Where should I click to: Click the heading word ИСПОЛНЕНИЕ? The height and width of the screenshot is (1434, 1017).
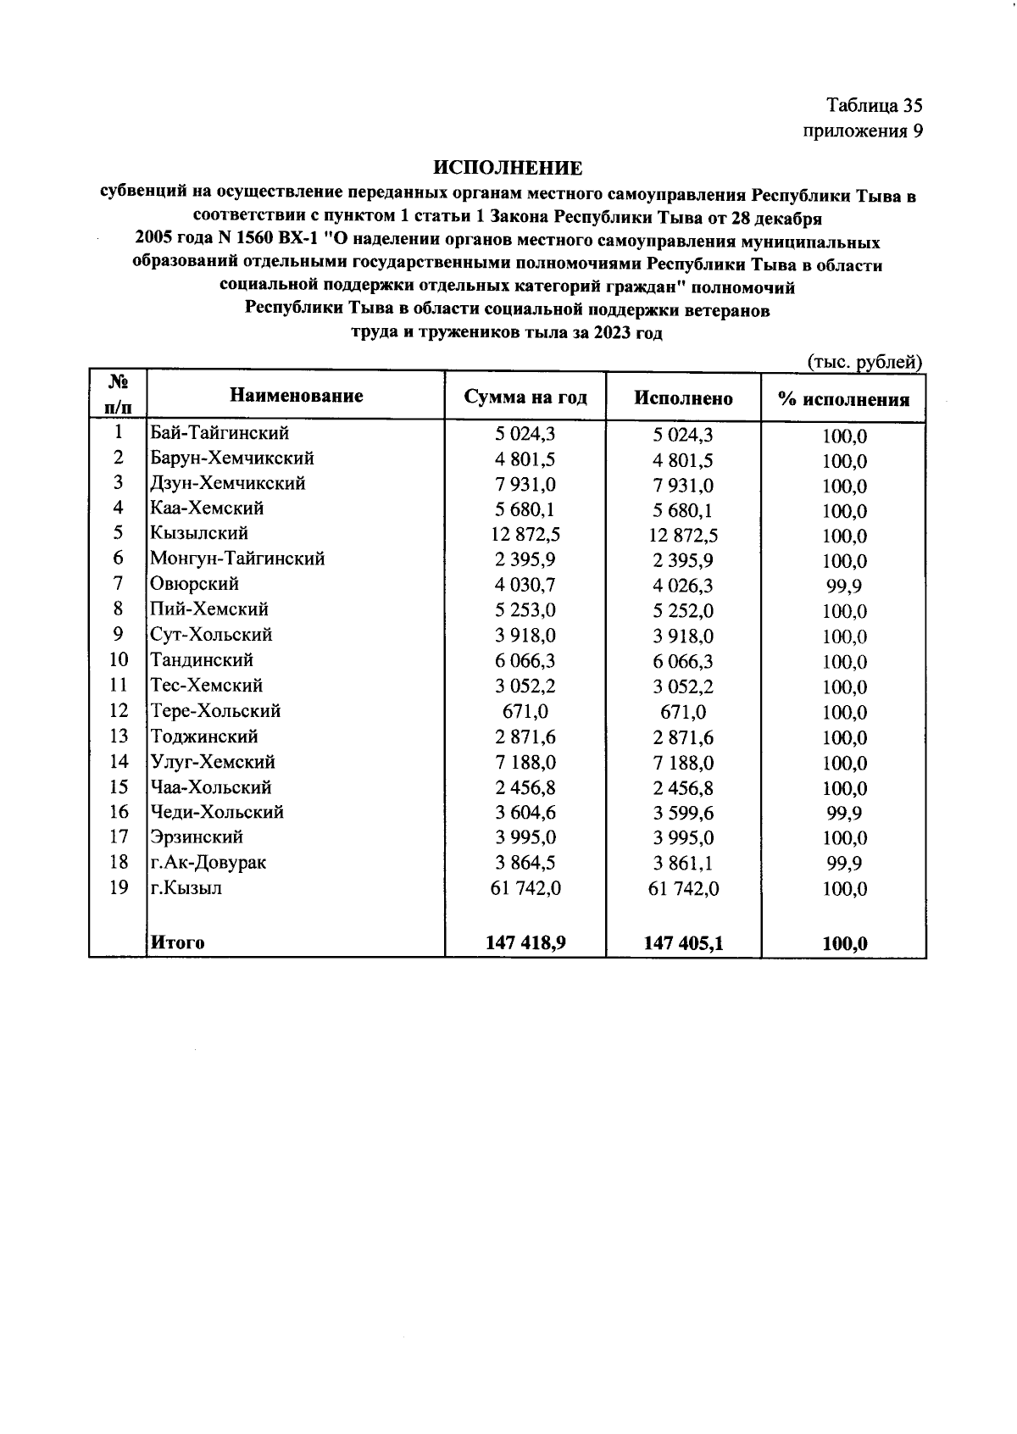pyautogui.click(x=508, y=168)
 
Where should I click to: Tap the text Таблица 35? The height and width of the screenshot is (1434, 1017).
pyautogui.click(x=874, y=106)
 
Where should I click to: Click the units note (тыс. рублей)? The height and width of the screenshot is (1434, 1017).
pyautogui.click(x=864, y=362)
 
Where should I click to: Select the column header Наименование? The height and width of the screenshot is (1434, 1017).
pyautogui.click(x=296, y=396)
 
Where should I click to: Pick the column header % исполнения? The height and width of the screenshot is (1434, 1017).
pyautogui.click(x=843, y=400)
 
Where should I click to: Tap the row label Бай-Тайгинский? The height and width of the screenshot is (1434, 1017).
pyautogui.click(x=220, y=433)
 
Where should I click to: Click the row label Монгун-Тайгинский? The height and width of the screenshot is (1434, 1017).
pyautogui.click(x=237, y=559)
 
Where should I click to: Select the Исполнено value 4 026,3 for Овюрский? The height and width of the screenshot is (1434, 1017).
pyautogui.click(x=683, y=586)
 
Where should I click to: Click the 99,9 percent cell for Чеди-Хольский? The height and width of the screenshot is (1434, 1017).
pyautogui.click(x=844, y=814)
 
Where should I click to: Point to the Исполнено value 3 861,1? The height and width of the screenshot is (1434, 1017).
pyautogui.click(x=683, y=864)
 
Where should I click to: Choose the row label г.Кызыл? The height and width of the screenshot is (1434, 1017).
pyautogui.click(x=186, y=888)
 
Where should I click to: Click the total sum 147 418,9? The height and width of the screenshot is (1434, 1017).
pyautogui.click(x=525, y=942)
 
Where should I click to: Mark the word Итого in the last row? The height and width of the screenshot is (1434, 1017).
pyautogui.click(x=177, y=942)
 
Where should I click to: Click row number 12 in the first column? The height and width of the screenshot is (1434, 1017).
pyautogui.click(x=119, y=710)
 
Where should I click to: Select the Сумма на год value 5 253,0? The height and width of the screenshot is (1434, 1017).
pyautogui.click(x=525, y=610)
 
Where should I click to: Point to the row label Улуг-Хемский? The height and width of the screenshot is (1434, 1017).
pyautogui.click(x=213, y=762)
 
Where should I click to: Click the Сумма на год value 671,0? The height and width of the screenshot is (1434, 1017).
pyautogui.click(x=525, y=712)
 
